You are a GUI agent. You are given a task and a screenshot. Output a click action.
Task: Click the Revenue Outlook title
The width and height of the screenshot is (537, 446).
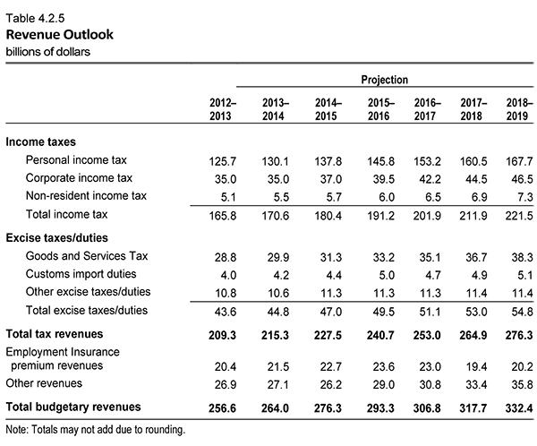click(60, 35)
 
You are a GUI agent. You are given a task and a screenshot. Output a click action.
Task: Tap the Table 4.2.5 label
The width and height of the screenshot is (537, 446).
click(35, 18)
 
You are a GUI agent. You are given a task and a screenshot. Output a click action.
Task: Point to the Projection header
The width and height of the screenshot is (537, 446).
click(385, 80)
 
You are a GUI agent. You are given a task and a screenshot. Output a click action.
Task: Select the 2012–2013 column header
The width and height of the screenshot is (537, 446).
click(223, 109)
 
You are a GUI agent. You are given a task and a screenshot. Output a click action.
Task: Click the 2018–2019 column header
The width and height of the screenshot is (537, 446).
click(519, 109)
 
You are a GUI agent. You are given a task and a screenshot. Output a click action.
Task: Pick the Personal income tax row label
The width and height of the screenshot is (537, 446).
click(76, 160)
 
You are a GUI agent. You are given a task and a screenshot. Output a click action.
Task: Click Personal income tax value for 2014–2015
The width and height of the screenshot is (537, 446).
click(328, 161)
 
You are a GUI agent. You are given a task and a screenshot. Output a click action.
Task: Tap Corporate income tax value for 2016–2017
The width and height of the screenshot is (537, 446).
click(430, 179)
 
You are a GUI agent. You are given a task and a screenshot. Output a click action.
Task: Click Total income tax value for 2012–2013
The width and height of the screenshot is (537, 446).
click(223, 216)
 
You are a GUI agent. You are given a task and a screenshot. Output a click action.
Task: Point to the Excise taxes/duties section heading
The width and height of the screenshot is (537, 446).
click(57, 238)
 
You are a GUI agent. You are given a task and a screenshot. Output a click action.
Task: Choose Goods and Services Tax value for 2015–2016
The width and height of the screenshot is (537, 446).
click(384, 257)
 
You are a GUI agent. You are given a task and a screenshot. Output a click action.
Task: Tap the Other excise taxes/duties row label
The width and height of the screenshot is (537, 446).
click(88, 292)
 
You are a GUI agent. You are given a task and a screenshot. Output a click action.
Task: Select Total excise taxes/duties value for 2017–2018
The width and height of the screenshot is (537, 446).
click(476, 312)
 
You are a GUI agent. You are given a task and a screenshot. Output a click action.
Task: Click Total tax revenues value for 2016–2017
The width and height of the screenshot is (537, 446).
click(427, 335)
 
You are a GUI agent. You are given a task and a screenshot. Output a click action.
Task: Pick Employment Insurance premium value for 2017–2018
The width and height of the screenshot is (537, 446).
click(476, 367)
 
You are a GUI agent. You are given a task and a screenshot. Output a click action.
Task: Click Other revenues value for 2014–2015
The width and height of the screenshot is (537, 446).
click(331, 384)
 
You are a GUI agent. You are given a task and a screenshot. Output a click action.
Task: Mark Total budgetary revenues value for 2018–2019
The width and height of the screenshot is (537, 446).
click(519, 408)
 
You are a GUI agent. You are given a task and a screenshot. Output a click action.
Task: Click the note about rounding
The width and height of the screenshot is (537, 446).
click(96, 430)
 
